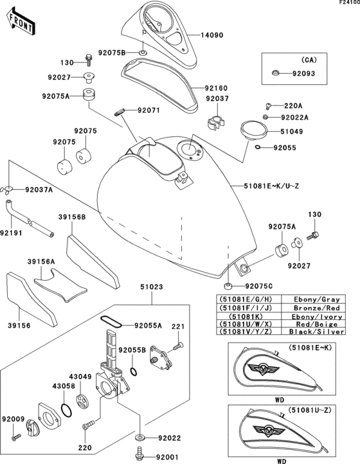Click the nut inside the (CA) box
[x=274, y=73]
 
